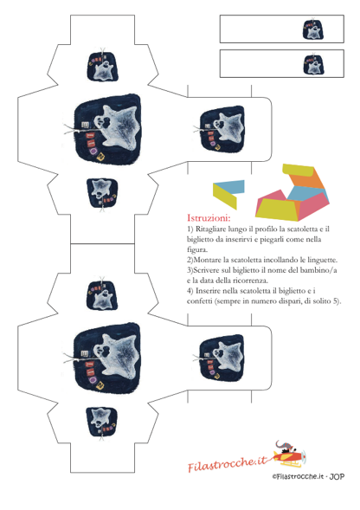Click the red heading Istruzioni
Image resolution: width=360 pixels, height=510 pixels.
pos(209,217)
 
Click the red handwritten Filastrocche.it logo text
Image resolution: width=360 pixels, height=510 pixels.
pos(228,463)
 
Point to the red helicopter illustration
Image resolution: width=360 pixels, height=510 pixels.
pos(290,453)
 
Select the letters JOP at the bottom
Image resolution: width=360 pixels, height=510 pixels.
pos(337,476)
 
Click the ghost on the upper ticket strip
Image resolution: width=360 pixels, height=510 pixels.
pos(313,29)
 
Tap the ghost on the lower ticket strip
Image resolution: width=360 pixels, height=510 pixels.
pos(313,64)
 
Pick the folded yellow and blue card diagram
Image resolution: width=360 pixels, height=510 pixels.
pos(228,194)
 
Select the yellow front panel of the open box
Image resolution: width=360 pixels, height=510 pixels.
pos(277,209)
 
